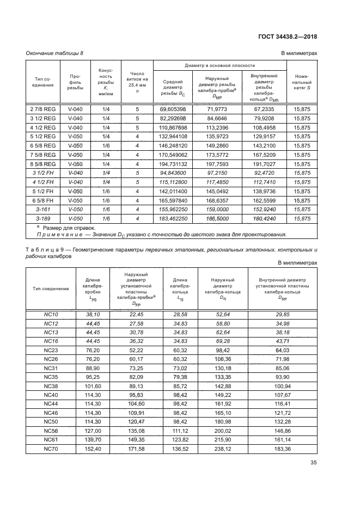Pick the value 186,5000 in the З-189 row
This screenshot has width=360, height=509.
217,218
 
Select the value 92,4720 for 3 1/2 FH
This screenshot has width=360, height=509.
264,173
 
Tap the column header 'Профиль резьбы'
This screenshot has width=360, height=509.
75,83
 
